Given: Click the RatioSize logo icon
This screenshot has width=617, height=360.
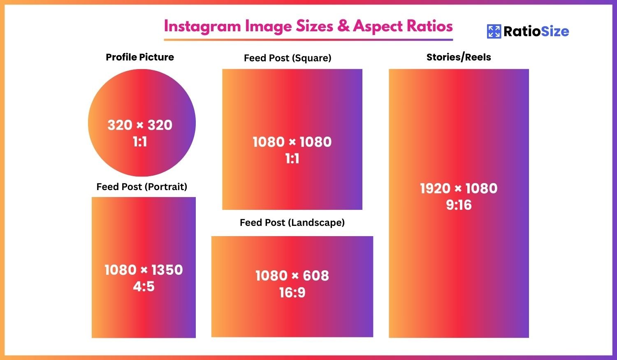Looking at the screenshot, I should point(494,31).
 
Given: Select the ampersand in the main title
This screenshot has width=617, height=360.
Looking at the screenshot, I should point(343,26).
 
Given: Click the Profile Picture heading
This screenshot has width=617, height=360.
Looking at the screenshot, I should point(140,57).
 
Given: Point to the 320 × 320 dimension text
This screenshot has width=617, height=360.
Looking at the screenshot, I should point(140,125).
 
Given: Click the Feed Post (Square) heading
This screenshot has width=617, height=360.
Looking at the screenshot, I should point(288,58).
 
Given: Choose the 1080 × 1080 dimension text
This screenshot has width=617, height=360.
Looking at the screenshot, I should point(292,142).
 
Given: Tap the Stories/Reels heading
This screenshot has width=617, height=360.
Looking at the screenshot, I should point(459,57).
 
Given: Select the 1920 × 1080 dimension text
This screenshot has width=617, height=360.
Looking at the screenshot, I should point(459,188).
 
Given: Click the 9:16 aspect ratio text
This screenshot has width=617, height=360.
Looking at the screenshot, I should point(459,205).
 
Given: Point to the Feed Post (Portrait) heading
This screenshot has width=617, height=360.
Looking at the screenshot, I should point(142,187).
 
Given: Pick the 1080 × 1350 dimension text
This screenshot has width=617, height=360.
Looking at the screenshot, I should point(144,270).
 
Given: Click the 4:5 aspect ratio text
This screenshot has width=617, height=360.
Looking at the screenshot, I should point(144,286).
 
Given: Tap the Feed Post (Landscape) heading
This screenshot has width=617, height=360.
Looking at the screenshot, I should point(292,223).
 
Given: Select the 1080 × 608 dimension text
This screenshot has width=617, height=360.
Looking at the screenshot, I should point(292,276).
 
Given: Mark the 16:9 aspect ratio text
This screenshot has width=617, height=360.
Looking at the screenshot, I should point(292,293).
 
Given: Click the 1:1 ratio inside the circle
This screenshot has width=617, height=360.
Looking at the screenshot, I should point(140,142).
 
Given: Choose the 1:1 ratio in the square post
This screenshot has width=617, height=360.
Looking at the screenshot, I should point(292,159).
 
